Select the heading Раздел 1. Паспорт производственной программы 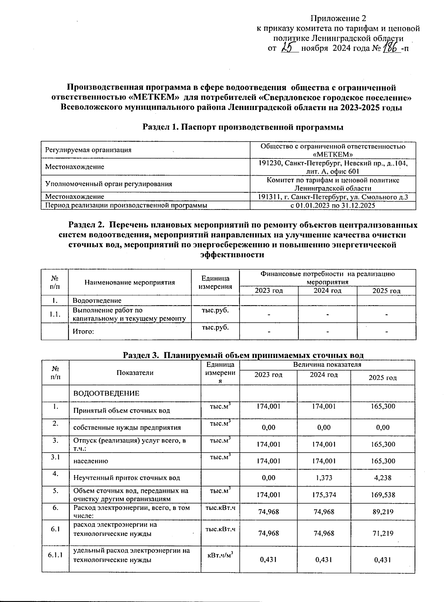click(x=243, y=127)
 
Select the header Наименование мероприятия click(x=130, y=282)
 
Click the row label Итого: click(x=83, y=331)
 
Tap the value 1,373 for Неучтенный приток click(x=324, y=478)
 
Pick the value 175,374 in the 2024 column click(x=324, y=495)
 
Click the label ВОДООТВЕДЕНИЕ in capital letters click(x=106, y=393)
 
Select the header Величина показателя click(x=327, y=365)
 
